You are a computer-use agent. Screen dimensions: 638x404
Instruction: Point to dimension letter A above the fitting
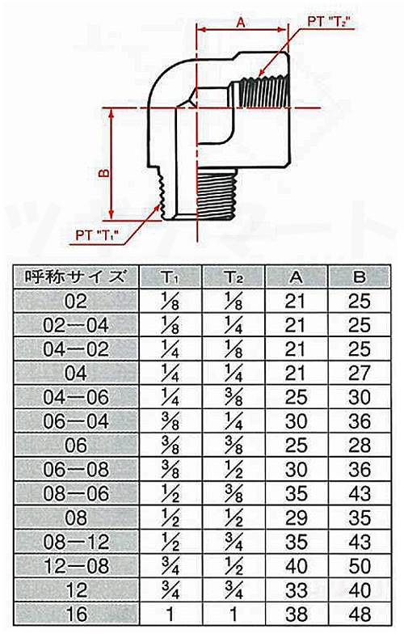coord(240,23)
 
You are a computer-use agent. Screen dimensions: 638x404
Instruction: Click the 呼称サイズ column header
coord(74,276)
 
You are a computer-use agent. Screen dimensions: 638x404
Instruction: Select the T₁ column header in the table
coord(170,277)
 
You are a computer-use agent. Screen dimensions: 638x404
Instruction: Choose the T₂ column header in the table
coord(233,277)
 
